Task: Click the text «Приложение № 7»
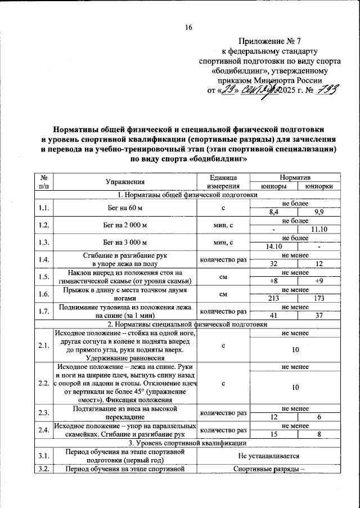(x=270, y=41)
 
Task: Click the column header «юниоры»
(x=276, y=186)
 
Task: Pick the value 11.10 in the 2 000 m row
(x=318, y=229)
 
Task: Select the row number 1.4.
(x=43, y=259)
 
